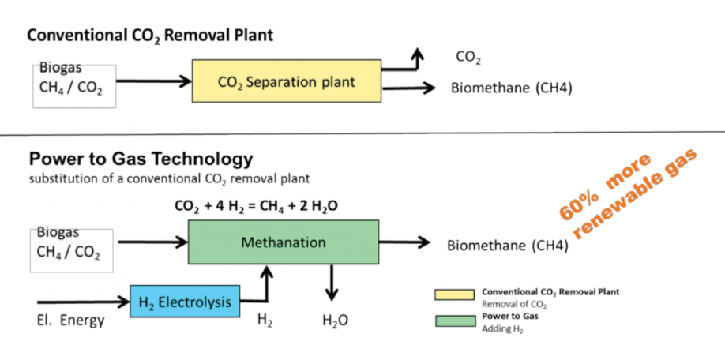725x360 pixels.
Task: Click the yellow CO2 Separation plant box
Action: [x=286, y=81]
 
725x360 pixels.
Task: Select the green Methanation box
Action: [x=283, y=242]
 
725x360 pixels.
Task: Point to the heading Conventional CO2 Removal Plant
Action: [x=150, y=36]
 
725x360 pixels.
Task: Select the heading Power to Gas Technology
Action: [x=141, y=158]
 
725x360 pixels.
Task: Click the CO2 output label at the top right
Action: [x=468, y=58]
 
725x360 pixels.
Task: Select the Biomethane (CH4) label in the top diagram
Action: [x=511, y=87]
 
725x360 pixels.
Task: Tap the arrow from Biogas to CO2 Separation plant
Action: [x=155, y=81]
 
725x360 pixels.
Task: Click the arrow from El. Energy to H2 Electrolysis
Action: [x=83, y=301]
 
